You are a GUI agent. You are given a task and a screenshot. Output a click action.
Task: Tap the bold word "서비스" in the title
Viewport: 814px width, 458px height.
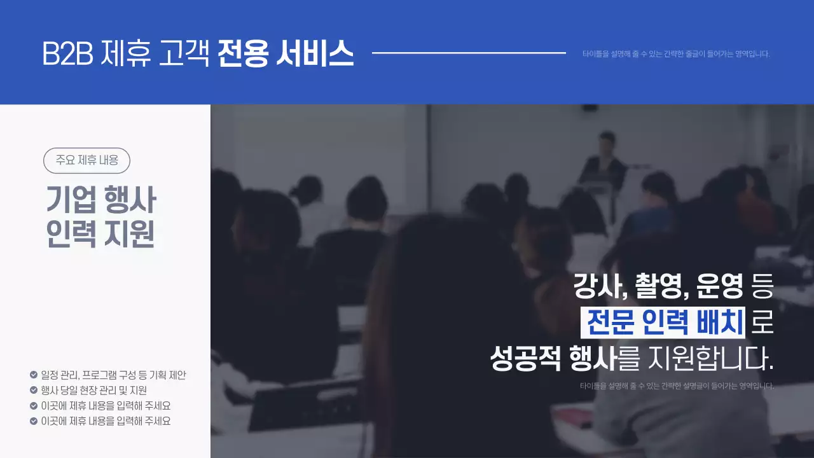(x=315, y=54)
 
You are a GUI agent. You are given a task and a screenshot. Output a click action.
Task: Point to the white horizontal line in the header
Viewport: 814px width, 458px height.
(x=469, y=53)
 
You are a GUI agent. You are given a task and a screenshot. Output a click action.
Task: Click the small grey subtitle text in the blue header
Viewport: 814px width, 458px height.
(x=676, y=54)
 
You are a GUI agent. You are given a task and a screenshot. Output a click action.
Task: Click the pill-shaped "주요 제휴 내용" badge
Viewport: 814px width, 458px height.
(x=86, y=160)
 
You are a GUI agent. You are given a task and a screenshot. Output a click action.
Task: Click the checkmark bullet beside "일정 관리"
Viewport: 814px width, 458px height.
(x=34, y=375)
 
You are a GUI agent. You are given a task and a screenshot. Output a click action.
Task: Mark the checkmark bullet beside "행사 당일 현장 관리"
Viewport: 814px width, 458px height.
(x=34, y=390)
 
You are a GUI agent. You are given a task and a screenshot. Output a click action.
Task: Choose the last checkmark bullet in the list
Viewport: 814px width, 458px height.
(x=34, y=420)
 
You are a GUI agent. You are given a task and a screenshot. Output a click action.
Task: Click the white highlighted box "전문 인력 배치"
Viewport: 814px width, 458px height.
(x=663, y=323)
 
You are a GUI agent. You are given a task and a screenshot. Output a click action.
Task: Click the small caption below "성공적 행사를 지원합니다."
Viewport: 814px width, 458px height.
(x=677, y=385)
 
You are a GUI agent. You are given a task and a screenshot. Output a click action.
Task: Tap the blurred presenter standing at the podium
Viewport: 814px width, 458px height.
(x=605, y=159)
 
